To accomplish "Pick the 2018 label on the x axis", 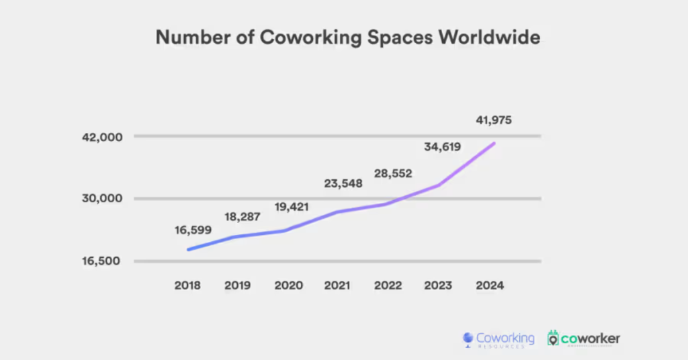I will click(x=188, y=285).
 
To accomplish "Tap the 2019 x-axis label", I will click(x=238, y=285).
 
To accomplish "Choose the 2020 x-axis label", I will click(x=288, y=285).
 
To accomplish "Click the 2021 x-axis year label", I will click(x=337, y=285).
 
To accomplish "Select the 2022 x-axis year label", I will click(x=388, y=285).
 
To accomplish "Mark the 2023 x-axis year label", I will click(x=437, y=285).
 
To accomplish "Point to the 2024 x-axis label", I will click(x=489, y=285).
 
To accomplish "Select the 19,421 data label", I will click(x=292, y=207).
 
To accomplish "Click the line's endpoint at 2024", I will click(x=494, y=143).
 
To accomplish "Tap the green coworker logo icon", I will click(x=554, y=339).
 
